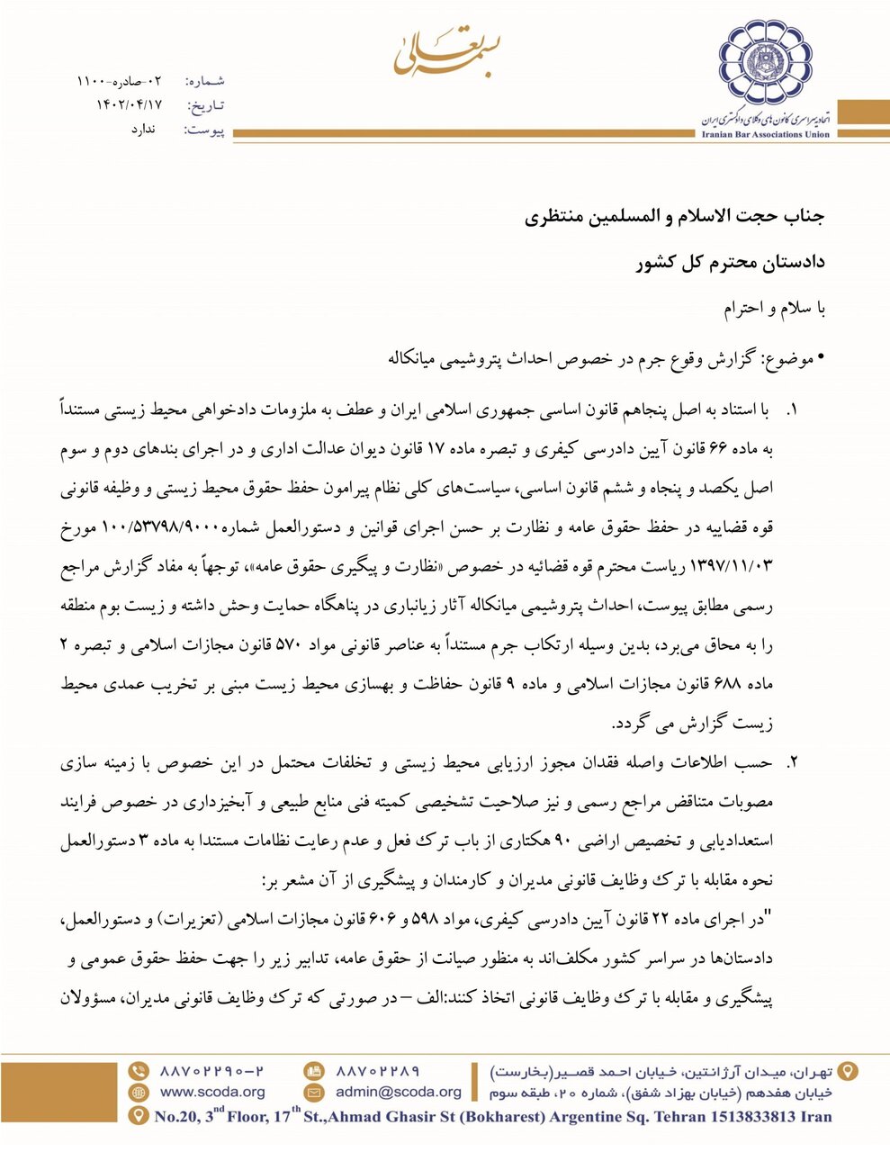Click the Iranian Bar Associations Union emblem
[764, 65]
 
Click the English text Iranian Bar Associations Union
[765, 134]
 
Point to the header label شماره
[206, 82]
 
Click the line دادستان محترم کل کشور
[730, 264]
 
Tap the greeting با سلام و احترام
[774, 309]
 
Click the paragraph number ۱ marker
[792, 410]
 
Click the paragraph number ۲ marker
[792, 762]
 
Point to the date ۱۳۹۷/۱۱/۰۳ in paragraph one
[729, 568]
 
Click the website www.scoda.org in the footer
[212, 1093]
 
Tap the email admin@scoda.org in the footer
[398, 1093]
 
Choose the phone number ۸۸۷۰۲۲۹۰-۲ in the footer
[212, 1071]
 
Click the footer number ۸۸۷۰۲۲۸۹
[378, 1071]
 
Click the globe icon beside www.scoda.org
[139, 1093]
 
